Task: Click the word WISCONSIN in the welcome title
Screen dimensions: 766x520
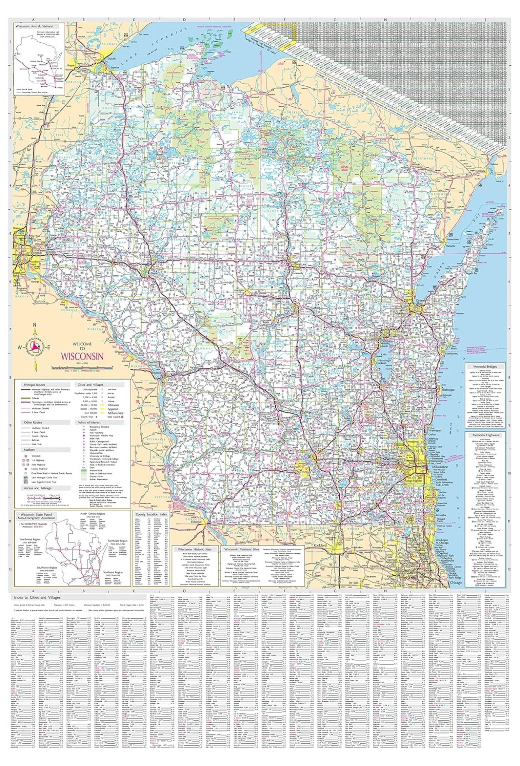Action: pyautogui.click(x=82, y=357)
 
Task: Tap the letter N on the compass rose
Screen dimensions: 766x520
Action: pyautogui.click(x=34, y=326)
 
